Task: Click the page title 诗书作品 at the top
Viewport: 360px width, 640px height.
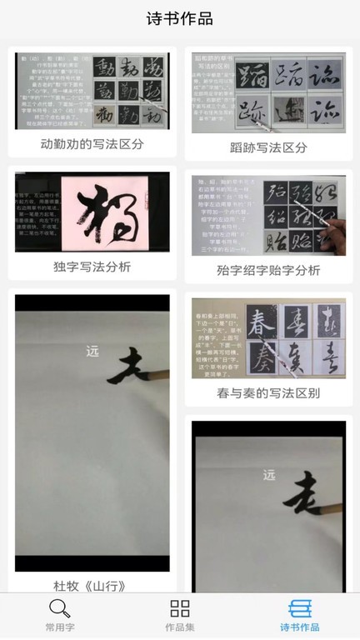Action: tap(180, 18)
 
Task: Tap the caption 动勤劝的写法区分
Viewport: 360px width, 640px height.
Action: tap(92, 143)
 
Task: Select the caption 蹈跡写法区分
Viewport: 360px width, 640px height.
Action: tap(268, 147)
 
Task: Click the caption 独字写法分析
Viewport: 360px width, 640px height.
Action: tap(92, 267)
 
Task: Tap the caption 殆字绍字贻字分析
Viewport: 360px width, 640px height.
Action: tap(268, 270)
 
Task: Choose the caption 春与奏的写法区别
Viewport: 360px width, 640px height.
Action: tap(268, 392)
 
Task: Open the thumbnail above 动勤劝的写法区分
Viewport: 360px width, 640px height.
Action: tap(92, 91)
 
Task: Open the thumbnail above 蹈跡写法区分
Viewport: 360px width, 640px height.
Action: tap(268, 92)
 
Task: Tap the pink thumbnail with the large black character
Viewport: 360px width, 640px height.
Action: tap(92, 212)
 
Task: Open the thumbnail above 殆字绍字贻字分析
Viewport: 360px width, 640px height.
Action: tap(268, 215)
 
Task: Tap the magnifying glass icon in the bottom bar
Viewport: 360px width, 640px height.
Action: tap(59, 608)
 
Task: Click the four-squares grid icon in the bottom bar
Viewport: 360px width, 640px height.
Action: tap(180, 608)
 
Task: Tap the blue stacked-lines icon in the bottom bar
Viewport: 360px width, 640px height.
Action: tap(299, 608)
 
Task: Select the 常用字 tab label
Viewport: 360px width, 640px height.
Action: tap(59, 627)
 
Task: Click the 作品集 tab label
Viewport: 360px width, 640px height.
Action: tap(180, 627)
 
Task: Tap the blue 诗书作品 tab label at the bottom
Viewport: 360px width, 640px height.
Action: tap(299, 627)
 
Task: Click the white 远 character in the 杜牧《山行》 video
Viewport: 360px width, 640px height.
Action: tap(92, 351)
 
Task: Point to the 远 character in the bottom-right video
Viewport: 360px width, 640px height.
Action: tap(268, 477)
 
